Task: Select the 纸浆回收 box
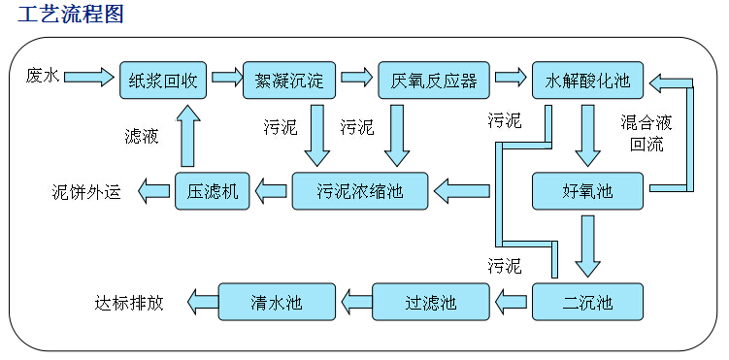[x=164, y=80]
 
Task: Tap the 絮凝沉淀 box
[x=288, y=80]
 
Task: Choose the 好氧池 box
[x=587, y=191]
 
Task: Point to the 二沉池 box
[x=587, y=302]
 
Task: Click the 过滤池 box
[x=430, y=302]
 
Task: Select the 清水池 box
[x=277, y=302]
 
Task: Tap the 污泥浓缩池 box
[x=360, y=191]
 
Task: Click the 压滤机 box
[x=213, y=191]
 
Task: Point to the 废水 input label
[x=43, y=76]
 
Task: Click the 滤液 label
[x=142, y=136]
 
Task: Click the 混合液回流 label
[x=646, y=134]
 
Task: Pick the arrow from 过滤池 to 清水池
[x=354, y=302]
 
